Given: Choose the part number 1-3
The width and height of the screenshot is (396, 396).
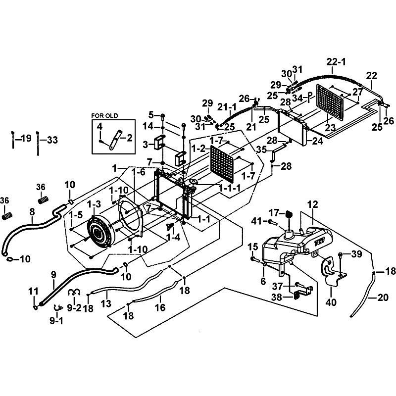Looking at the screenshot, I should coord(94,204).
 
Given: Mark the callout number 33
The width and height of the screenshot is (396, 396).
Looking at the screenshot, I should coord(51,140).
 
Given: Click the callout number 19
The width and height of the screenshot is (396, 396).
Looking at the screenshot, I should coord(26,138).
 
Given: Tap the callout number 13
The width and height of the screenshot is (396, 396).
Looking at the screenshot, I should coord(105,303).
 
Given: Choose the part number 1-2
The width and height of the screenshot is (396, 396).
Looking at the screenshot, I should coord(198,148).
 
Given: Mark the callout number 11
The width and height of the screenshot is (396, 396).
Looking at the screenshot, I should coord(33,291).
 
